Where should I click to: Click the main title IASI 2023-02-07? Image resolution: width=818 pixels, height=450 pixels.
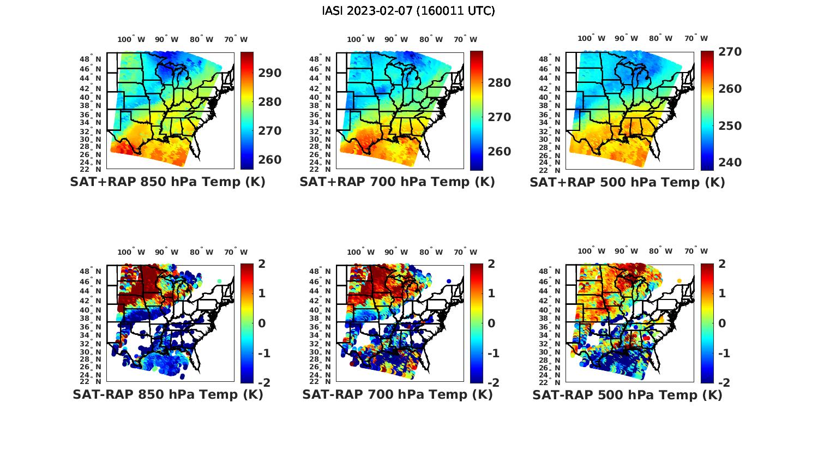(408, 11)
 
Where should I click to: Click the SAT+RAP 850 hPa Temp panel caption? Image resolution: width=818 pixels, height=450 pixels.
(167, 182)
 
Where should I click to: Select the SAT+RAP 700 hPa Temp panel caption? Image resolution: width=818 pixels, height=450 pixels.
(397, 182)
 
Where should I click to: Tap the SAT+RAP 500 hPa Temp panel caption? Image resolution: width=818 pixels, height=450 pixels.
(627, 182)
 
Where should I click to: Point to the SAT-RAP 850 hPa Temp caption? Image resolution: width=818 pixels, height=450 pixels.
(167, 394)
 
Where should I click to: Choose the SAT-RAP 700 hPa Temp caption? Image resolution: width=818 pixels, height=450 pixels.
(397, 394)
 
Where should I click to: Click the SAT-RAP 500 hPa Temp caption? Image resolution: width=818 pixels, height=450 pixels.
(627, 394)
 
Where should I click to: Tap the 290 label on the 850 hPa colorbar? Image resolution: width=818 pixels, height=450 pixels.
(270, 73)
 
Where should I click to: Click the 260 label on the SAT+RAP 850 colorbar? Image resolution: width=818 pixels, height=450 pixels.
(270, 160)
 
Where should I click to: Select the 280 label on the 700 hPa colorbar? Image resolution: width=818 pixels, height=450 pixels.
(500, 83)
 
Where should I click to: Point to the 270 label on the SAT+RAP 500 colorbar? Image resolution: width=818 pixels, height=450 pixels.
(730, 52)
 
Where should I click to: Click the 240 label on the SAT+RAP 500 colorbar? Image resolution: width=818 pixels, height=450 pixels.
(730, 163)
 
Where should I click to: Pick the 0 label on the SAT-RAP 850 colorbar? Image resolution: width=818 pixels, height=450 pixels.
(261, 323)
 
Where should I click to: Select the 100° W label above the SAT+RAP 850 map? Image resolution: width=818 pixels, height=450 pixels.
(131, 39)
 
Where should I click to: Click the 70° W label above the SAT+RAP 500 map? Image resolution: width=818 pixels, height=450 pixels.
(696, 39)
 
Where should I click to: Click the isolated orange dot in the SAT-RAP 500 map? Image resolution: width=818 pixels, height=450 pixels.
(679, 281)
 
